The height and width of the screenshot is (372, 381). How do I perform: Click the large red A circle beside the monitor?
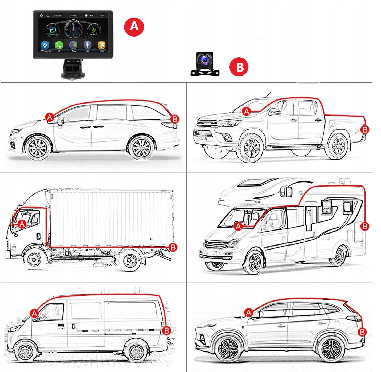click(134, 26)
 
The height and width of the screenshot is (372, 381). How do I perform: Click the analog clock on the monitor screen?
click(73, 29)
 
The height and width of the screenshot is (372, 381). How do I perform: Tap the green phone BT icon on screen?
click(59, 45)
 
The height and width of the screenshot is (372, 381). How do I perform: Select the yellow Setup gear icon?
click(101, 45)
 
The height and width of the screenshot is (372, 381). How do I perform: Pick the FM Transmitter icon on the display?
click(45, 45)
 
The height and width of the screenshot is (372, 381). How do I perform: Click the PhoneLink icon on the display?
click(53, 30)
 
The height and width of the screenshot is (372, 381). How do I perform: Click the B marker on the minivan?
click(175, 119)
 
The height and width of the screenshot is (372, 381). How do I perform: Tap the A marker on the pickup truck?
click(247, 111)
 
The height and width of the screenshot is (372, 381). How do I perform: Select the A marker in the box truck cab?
click(22, 224)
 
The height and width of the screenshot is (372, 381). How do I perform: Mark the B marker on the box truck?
click(173, 247)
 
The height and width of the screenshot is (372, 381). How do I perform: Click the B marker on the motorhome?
click(364, 226)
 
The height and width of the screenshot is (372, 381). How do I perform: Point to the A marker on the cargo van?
click(34, 313)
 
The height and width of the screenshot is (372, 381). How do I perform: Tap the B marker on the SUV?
click(362, 332)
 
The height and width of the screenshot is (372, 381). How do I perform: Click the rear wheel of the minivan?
click(141, 148)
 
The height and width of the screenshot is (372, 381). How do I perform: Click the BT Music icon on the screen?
click(94, 30)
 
